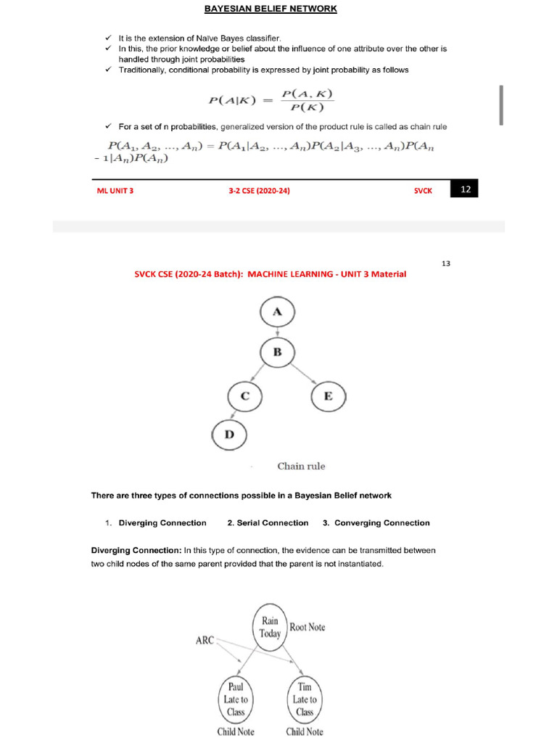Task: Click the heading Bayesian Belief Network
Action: click(x=271, y=9)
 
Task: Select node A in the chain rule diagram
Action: click(x=277, y=311)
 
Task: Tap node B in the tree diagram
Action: click(x=277, y=353)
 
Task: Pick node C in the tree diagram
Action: click(x=245, y=396)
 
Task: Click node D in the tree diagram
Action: click(x=229, y=435)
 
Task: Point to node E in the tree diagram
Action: click(x=329, y=396)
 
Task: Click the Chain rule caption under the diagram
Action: click(x=301, y=467)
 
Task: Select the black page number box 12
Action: click(x=465, y=189)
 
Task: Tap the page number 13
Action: click(x=446, y=263)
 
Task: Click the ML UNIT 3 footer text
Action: click(x=115, y=191)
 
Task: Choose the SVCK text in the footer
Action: click(x=423, y=191)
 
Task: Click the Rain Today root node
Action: click(x=270, y=627)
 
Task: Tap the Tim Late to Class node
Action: click(x=304, y=699)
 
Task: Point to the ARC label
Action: click(x=204, y=641)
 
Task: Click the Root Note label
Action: click(x=308, y=627)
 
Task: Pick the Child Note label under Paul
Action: click(x=236, y=731)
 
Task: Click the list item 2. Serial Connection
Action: click(x=268, y=522)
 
